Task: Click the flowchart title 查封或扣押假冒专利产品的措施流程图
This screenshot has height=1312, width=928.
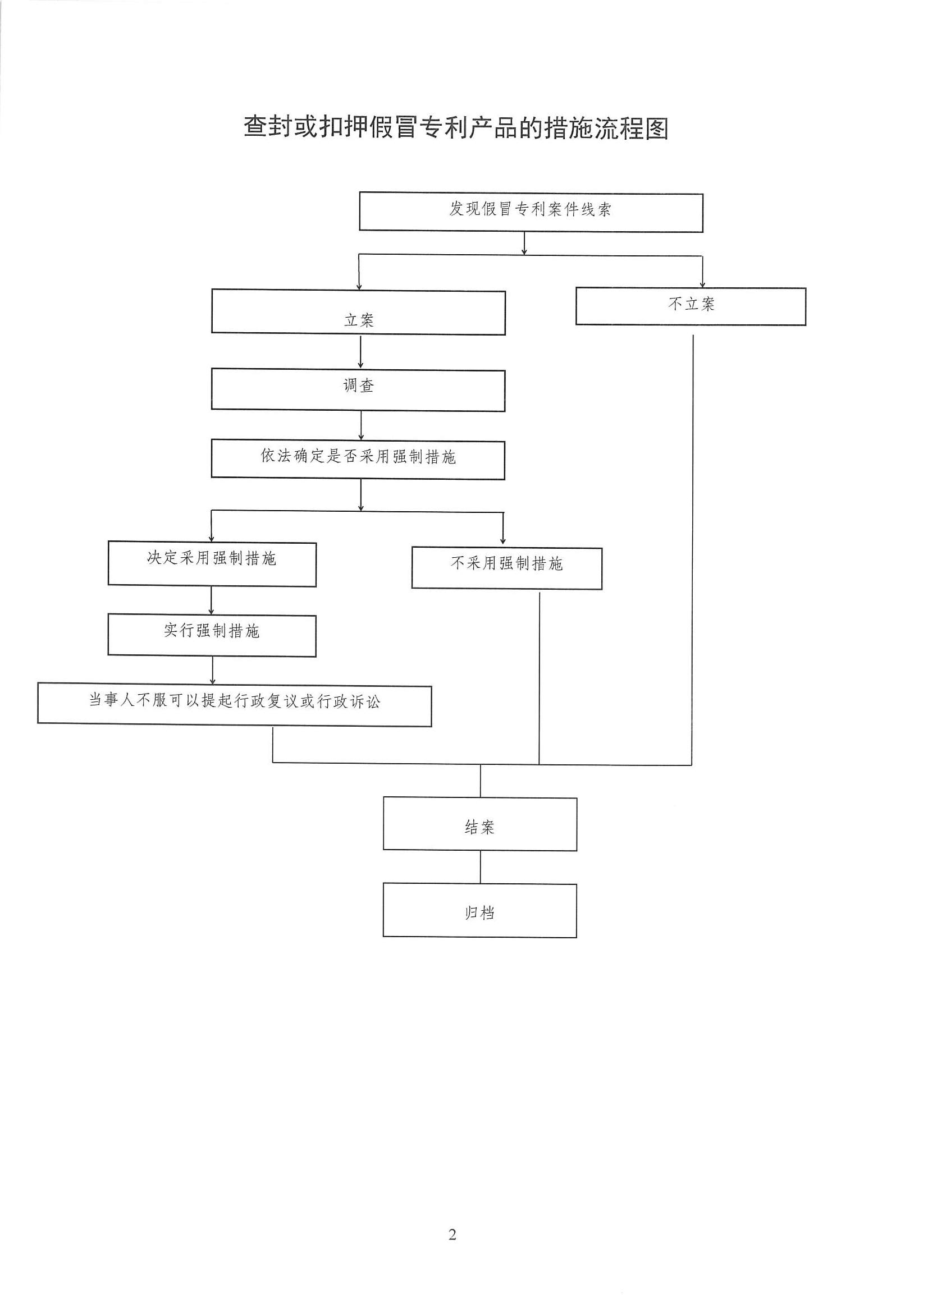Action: coord(456,127)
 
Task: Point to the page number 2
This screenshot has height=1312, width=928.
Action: coord(452,1236)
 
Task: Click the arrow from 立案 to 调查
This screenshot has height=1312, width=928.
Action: coord(360,352)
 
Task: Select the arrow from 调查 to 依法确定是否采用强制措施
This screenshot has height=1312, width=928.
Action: coord(361,426)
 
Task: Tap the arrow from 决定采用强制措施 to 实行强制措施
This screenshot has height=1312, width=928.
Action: coord(211,600)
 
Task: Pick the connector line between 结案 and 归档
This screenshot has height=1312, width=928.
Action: coord(481,868)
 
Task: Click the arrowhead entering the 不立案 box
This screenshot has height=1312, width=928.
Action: coord(703,285)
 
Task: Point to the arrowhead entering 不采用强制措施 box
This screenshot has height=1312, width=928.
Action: coord(503,541)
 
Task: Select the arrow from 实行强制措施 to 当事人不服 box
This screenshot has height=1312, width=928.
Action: coord(213,670)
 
